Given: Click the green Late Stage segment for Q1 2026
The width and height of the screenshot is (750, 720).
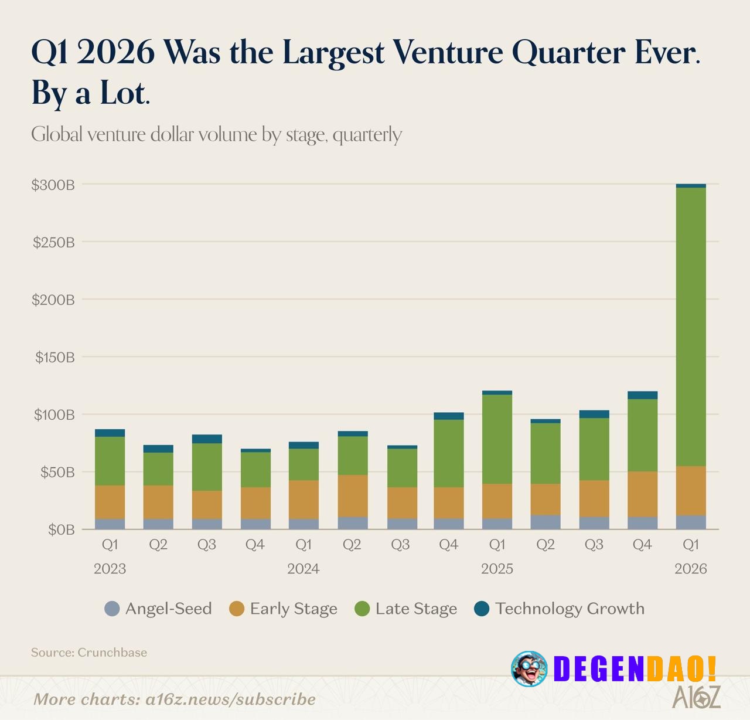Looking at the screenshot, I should [691, 327].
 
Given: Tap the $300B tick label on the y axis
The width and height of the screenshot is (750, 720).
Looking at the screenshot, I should [53, 185].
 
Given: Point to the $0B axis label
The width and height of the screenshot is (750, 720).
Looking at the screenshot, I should [62, 530].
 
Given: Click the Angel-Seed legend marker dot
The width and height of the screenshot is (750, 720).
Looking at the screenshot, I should [112, 609].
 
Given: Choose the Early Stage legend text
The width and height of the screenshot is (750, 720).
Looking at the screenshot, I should [294, 609].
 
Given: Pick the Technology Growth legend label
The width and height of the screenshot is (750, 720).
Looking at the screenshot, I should [570, 609].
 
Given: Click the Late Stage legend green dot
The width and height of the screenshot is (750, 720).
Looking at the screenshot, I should [363, 609].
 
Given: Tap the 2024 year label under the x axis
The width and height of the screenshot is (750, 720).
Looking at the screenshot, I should [303, 569].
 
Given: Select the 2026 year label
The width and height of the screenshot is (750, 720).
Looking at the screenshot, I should [691, 569].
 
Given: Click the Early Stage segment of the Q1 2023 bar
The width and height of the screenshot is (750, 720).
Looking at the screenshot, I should [110, 502].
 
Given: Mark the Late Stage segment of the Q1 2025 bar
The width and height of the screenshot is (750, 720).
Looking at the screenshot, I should [497, 439].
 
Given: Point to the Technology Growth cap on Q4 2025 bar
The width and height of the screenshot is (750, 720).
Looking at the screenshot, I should [642, 395].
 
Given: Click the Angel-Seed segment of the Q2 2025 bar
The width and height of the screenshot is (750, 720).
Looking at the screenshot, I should [546, 522].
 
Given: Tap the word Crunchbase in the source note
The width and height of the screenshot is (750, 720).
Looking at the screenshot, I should [112, 653].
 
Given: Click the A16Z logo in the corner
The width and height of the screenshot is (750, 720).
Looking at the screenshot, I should [696, 697].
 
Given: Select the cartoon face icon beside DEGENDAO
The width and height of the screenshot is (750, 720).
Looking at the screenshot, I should [529, 669].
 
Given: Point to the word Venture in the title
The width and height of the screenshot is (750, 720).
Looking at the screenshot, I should [448, 52].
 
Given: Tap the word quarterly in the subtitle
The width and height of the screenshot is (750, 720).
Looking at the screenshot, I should [367, 135].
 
